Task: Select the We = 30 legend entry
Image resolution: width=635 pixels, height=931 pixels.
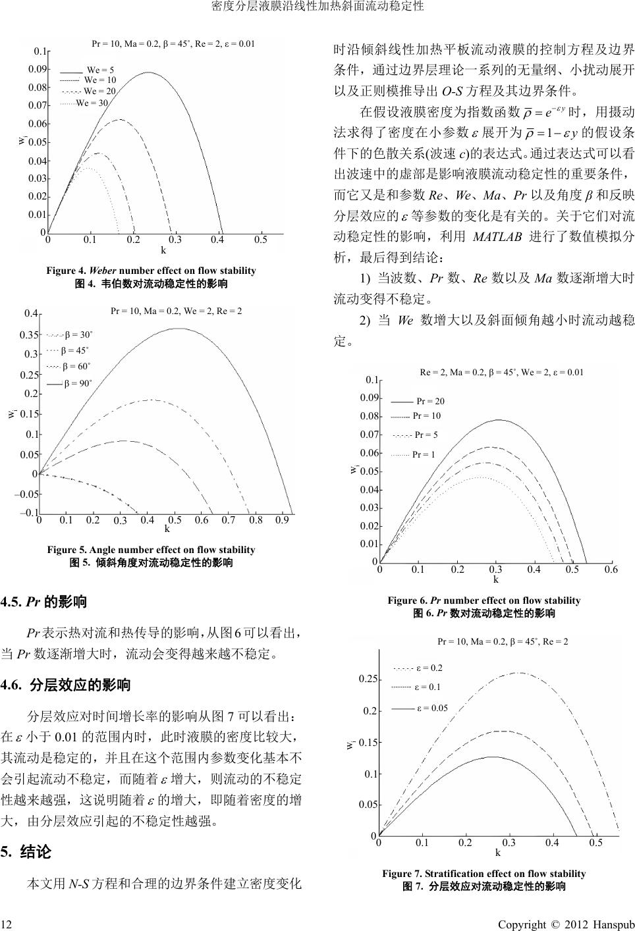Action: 92,103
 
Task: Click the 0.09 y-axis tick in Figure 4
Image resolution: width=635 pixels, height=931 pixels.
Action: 38,69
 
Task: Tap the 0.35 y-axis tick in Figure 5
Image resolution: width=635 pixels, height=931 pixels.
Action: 28,334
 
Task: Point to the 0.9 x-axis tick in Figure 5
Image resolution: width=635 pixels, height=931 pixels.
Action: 283,520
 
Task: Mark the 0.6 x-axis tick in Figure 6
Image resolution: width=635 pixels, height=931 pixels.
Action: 611,570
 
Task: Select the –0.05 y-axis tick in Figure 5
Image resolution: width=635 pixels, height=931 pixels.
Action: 26,494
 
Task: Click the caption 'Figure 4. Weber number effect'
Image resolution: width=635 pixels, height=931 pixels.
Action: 151,271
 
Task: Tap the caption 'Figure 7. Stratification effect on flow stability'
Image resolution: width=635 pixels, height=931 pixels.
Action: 483,874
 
